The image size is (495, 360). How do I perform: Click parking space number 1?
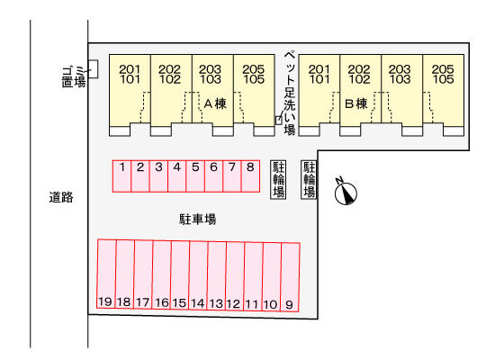pos(121,176)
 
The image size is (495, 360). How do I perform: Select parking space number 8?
pos(250,176)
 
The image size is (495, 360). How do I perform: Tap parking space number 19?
pos(106,274)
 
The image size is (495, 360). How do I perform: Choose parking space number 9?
pos(290,277)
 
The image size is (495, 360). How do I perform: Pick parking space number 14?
pos(198,275)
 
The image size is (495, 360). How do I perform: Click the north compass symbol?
pos(346,192)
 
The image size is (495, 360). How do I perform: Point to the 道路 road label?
pos(61,197)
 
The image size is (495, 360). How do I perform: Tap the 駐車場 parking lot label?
pos(198,220)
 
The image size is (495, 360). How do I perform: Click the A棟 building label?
pos(215,103)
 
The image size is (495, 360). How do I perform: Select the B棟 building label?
pos(356,103)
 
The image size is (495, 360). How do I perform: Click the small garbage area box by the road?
pos(93,69)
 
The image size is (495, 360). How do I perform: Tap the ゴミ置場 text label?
pos(74,76)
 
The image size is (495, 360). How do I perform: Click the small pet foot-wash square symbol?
pos(278,121)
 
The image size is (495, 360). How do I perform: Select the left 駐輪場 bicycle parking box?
pos(278,179)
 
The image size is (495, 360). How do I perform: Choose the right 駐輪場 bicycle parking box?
pos(309,179)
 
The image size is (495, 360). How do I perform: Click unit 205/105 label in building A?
pos(254,75)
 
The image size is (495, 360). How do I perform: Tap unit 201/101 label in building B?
pos(319,75)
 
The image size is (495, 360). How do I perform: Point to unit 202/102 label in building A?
pos(170,75)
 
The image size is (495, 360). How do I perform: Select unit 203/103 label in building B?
pos(400,75)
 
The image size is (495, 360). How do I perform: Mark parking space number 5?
pos(195,176)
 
